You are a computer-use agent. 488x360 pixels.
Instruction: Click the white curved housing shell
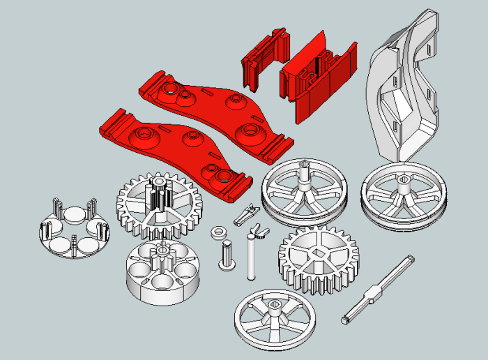click(401, 91)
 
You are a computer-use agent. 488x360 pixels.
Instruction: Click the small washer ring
click(219, 232)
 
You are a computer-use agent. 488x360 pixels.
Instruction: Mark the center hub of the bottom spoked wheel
click(274, 306)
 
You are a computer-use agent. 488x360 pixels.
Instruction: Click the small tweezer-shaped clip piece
click(244, 215)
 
